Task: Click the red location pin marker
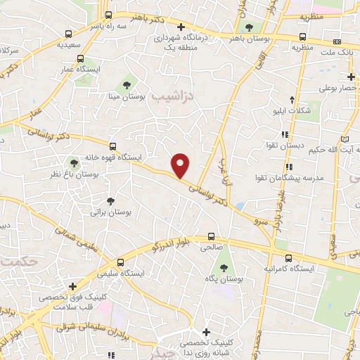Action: coord(181,165)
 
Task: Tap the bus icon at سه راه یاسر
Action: coord(108,14)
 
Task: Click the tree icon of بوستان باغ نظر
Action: coord(75,162)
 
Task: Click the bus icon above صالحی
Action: coord(212,238)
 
